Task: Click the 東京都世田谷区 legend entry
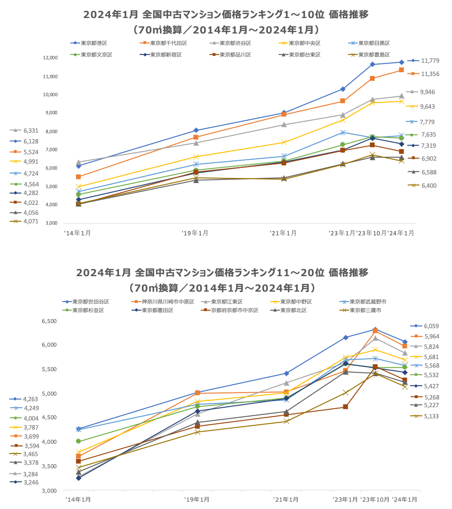point(91,302)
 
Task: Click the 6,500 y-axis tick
point(49,321)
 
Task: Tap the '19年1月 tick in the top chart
point(195,233)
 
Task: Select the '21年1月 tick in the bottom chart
point(286,500)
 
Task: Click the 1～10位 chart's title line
point(226,15)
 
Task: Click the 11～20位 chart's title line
point(222,273)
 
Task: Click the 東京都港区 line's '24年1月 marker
point(401,62)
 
